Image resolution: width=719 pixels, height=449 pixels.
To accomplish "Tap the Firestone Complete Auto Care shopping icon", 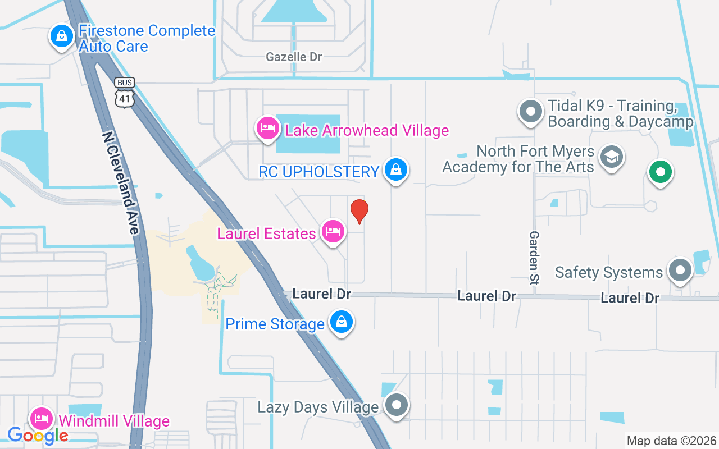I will click(62, 37).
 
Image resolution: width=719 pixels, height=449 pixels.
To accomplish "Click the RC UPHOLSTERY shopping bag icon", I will click(396, 170).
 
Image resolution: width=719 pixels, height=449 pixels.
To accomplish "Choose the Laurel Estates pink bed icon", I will click(333, 232).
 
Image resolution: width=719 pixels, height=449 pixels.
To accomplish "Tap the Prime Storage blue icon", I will click(341, 323).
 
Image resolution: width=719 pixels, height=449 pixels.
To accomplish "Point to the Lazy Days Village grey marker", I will click(397, 405).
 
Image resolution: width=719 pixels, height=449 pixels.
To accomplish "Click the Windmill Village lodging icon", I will click(42, 419).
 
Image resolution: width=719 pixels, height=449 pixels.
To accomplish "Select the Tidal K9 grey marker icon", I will click(530, 111).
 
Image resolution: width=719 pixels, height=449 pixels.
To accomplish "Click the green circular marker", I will click(661, 172).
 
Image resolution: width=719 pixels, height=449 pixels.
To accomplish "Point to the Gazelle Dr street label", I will click(294, 57).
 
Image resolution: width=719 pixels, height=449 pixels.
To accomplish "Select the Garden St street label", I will click(534, 258).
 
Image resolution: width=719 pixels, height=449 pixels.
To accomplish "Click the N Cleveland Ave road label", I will click(120, 183).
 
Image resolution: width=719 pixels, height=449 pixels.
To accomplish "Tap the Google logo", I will click(38, 435).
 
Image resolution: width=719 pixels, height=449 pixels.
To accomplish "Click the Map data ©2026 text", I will click(672, 441).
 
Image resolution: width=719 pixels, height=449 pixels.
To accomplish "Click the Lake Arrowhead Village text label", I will click(367, 131).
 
